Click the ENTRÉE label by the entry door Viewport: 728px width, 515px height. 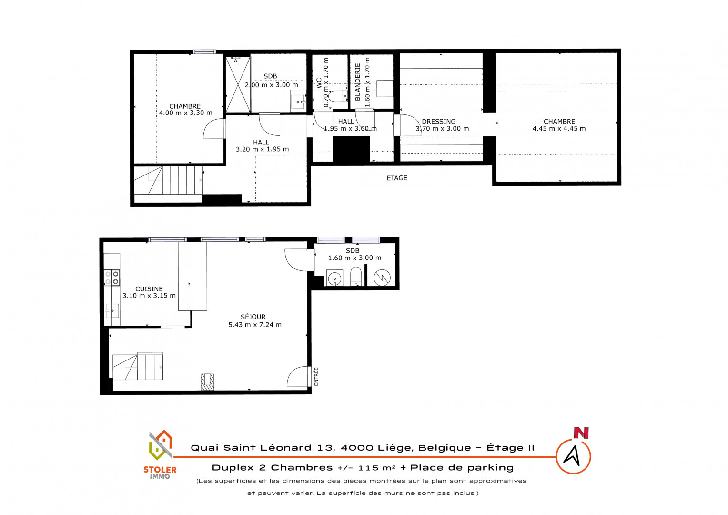point(316,377)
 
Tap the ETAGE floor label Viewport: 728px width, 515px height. point(397,178)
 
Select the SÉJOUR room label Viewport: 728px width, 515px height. point(253,317)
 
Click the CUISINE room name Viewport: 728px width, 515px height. point(149,289)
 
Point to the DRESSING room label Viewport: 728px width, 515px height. point(439,121)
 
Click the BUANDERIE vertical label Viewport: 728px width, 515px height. point(357,82)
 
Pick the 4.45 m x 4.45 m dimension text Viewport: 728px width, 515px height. point(559,128)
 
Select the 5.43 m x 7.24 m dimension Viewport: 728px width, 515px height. point(255,325)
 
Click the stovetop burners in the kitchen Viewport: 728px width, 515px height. point(112,278)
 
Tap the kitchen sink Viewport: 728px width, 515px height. point(112,311)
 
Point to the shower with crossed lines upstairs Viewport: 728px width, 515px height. point(238,84)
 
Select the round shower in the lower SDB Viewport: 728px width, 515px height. point(382,278)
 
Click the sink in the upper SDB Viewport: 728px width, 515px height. point(298,102)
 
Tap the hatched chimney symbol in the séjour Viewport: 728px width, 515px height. point(207,381)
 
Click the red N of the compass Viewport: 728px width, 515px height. point(581,433)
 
